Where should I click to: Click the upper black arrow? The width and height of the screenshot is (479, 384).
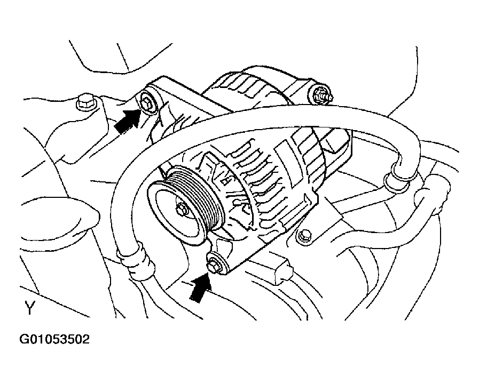[x=127, y=121]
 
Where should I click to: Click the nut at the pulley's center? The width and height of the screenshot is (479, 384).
[x=180, y=209]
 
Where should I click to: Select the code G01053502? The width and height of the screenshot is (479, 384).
[x=54, y=339]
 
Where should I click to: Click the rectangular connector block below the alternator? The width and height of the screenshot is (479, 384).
[x=282, y=270]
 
